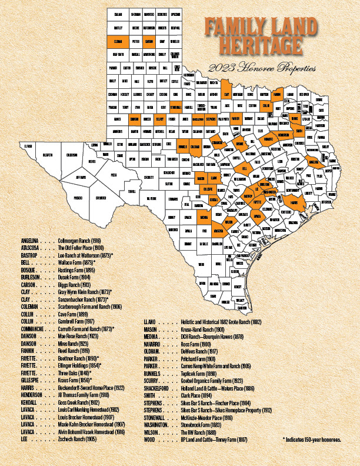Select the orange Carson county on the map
click(149, 42)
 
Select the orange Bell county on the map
click(244, 169)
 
